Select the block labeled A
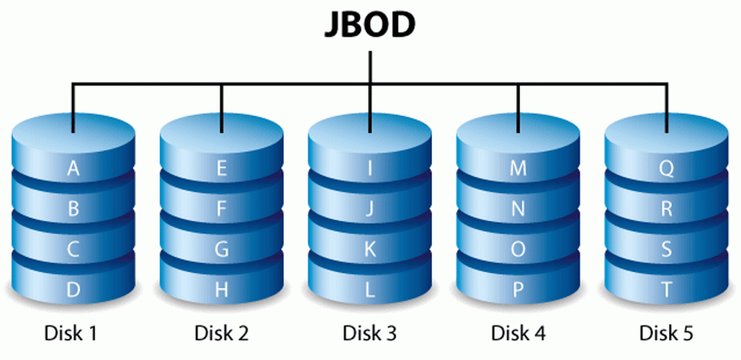click(x=73, y=169)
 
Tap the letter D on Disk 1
click(x=73, y=290)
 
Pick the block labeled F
click(x=221, y=210)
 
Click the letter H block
click(x=221, y=290)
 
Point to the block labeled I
click(x=370, y=169)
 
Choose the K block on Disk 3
click(x=370, y=250)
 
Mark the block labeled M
click(x=518, y=169)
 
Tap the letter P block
click(x=518, y=290)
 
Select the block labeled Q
click(x=667, y=169)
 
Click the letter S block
click(x=667, y=250)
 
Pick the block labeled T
click(x=667, y=290)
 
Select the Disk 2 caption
click(x=221, y=334)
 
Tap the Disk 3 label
click(x=369, y=334)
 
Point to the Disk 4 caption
click(x=518, y=334)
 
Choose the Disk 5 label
click(x=667, y=334)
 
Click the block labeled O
click(x=518, y=250)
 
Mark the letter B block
click(x=73, y=210)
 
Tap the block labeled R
click(x=667, y=210)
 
